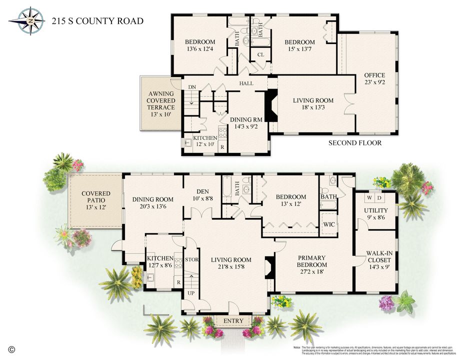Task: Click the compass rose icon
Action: click(x=30, y=21)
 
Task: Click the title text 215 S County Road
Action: click(x=97, y=21)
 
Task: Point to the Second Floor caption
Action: click(x=354, y=143)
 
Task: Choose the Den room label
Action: click(x=202, y=191)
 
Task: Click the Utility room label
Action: click(x=375, y=210)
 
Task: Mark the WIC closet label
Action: click(x=329, y=224)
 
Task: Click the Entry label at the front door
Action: click(x=233, y=320)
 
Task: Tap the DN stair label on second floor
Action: click(x=192, y=87)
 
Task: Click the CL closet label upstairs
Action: click(x=260, y=54)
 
